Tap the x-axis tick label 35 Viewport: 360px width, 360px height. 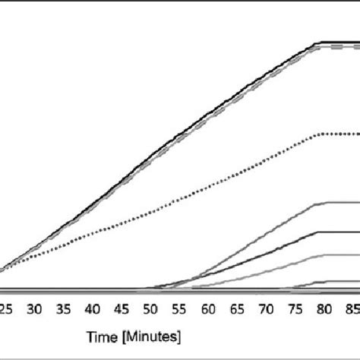click(x=64, y=310)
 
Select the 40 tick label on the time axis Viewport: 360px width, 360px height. click(x=93, y=310)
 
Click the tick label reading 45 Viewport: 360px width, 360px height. click(x=122, y=310)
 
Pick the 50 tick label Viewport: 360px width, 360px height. click(x=150, y=310)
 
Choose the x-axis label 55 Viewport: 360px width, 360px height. click(x=180, y=310)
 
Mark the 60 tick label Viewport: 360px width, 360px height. click(x=209, y=310)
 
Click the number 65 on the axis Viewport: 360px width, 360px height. click(x=238, y=310)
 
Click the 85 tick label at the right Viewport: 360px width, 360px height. click(x=352, y=310)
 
